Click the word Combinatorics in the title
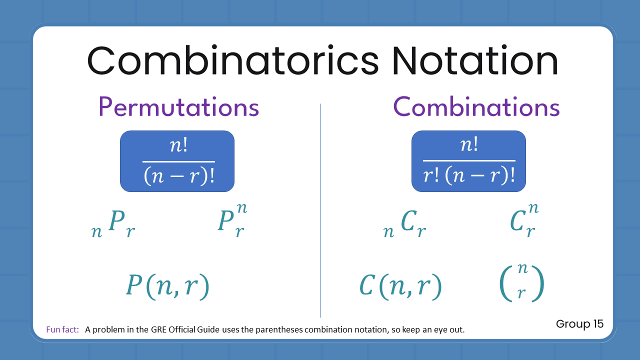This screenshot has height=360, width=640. (233, 60)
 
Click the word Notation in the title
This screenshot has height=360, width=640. (474, 60)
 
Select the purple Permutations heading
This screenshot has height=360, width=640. (178, 106)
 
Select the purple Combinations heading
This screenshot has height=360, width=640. (476, 106)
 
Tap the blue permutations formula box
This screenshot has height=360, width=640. (177, 161)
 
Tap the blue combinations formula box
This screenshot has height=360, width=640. (468, 161)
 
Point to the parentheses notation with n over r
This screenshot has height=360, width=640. (521, 281)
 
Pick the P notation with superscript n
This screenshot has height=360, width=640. (232, 220)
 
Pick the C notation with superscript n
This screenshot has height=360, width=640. (524, 220)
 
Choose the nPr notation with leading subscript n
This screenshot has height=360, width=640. (113, 224)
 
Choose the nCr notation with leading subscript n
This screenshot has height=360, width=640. (404, 224)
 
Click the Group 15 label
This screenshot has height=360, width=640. (579, 324)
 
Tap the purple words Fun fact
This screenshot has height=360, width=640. (62, 329)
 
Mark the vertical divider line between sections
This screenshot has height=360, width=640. (320, 210)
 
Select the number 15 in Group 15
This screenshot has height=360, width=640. (598, 324)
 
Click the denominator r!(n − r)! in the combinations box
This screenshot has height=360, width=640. (468, 176)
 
